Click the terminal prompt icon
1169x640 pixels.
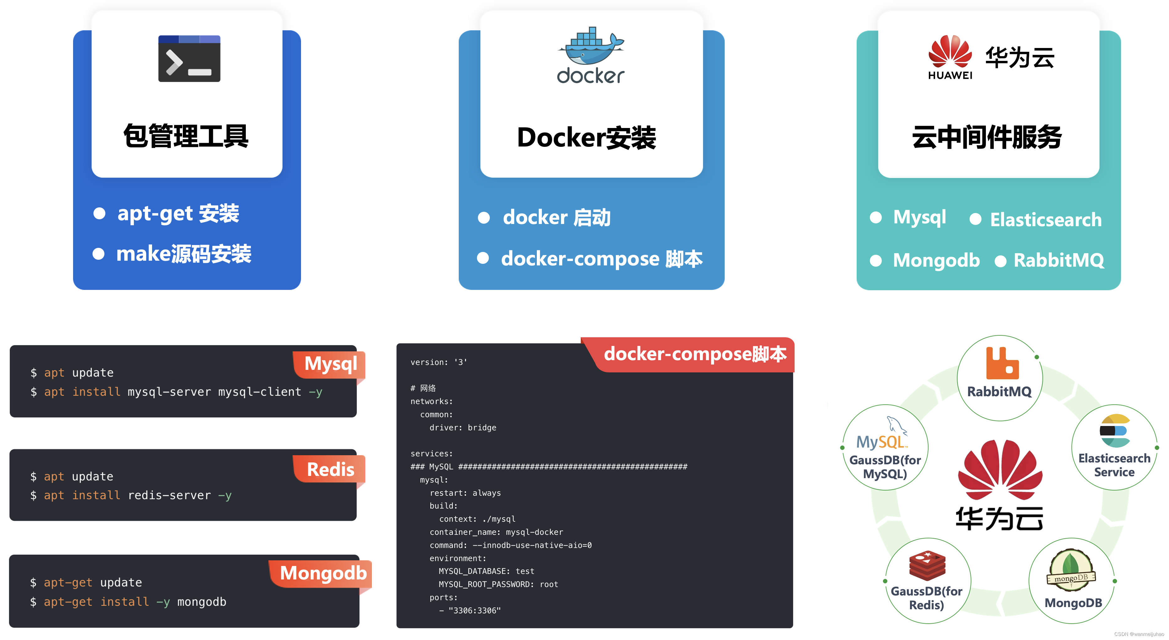[189, 59]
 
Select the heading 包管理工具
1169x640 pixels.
[186, 136]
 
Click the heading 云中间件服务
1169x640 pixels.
[987, 137]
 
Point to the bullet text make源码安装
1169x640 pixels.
[184, 254]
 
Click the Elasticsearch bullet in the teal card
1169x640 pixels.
[1045, 220]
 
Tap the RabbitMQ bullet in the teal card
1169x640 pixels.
[1058, 260]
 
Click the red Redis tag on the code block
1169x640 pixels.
[331, 469]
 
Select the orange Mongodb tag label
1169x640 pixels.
[323, 573]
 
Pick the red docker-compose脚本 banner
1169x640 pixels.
[695, 354]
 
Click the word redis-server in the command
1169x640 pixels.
[169, 495]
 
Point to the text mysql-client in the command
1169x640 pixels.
[260, 392]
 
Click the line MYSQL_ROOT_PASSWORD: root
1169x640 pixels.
[498, 584]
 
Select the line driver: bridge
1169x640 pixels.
[463, 428]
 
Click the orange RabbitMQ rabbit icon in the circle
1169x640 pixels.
[1002, 363]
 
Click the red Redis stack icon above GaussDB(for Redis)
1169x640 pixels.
[927, 565]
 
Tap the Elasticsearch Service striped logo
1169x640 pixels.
[1114, 431]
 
